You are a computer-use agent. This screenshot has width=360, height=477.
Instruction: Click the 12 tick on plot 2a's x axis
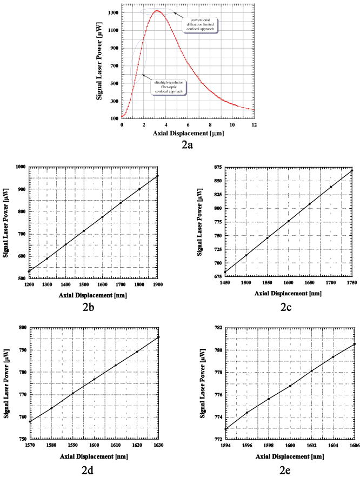click(254, 124)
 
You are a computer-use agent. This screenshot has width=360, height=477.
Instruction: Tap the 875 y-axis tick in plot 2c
click(216, 167)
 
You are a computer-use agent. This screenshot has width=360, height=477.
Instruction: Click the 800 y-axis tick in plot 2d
click(19, 328)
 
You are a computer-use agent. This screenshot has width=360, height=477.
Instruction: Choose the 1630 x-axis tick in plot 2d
click(158, 446)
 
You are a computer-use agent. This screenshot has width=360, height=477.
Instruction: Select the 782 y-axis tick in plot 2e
click(216, 328)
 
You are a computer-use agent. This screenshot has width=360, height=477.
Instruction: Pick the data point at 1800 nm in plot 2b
click(139, 189)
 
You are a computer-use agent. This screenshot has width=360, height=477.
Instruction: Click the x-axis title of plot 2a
click(188, 133)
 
